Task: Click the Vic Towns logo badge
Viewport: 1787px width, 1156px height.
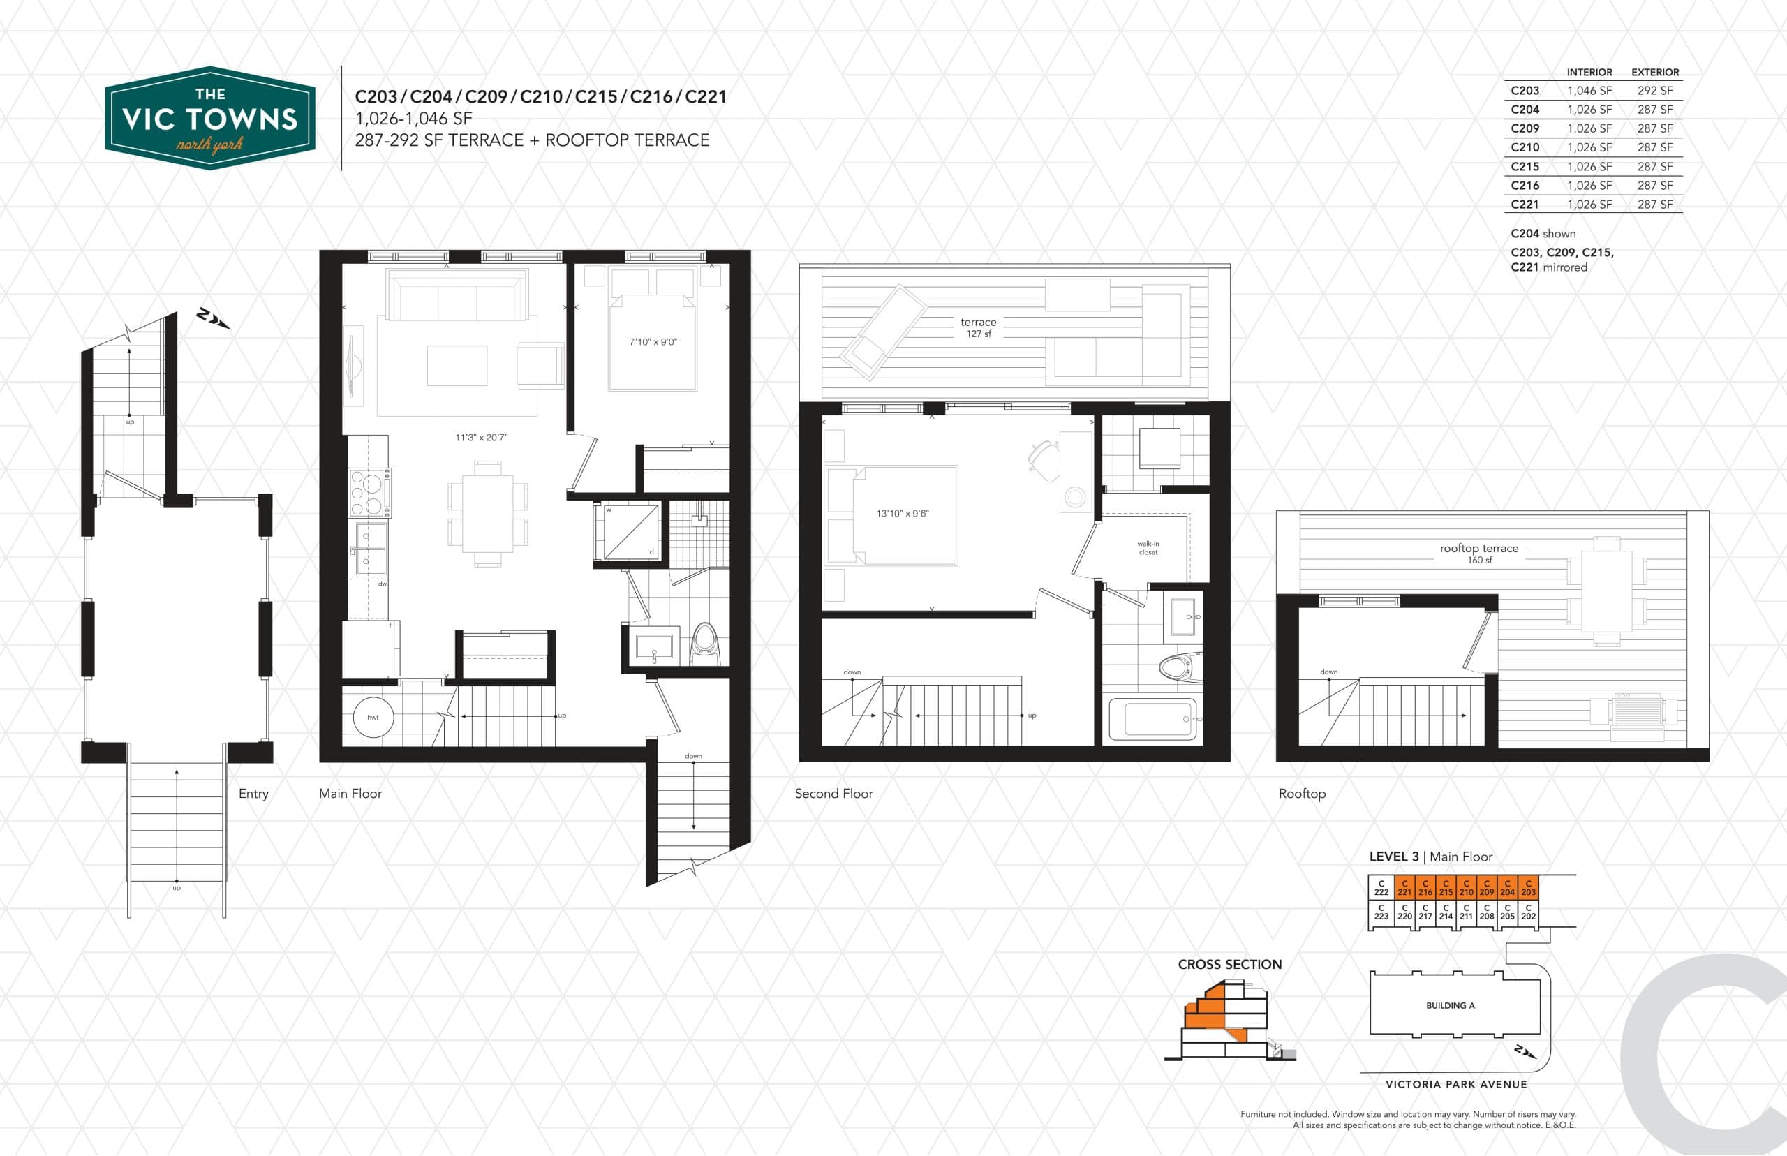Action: point(210,118)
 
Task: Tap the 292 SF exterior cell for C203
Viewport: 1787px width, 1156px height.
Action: point(1655,91)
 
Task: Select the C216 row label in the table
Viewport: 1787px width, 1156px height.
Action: point(1525,186)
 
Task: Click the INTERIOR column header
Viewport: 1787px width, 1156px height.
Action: point(1589,72)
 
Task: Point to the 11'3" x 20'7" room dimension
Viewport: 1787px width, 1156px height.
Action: point(481,438)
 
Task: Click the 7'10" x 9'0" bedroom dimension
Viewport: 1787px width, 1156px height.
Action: point(653,342)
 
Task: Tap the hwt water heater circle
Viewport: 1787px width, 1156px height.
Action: point(373,718)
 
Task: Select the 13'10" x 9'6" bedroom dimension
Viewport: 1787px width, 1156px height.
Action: point(902,514)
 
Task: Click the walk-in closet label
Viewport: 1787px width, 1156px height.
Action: point(1148,548)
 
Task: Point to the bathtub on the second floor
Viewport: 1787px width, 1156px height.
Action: point(1152,718)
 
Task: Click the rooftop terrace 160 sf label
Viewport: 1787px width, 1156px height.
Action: point(1478,554)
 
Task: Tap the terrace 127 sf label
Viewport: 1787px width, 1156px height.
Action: point(978,327)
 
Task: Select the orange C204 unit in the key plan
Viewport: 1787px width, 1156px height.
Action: point(1507,887)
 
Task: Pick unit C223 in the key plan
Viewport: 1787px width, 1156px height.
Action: point(1381,912)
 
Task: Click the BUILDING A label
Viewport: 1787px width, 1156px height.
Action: point(1450,1005)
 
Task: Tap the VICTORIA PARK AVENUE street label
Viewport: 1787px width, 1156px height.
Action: point(1456,1084)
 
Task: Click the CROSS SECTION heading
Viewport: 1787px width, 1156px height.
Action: point(1229,965)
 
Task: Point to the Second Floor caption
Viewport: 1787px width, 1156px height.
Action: point(834,794)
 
